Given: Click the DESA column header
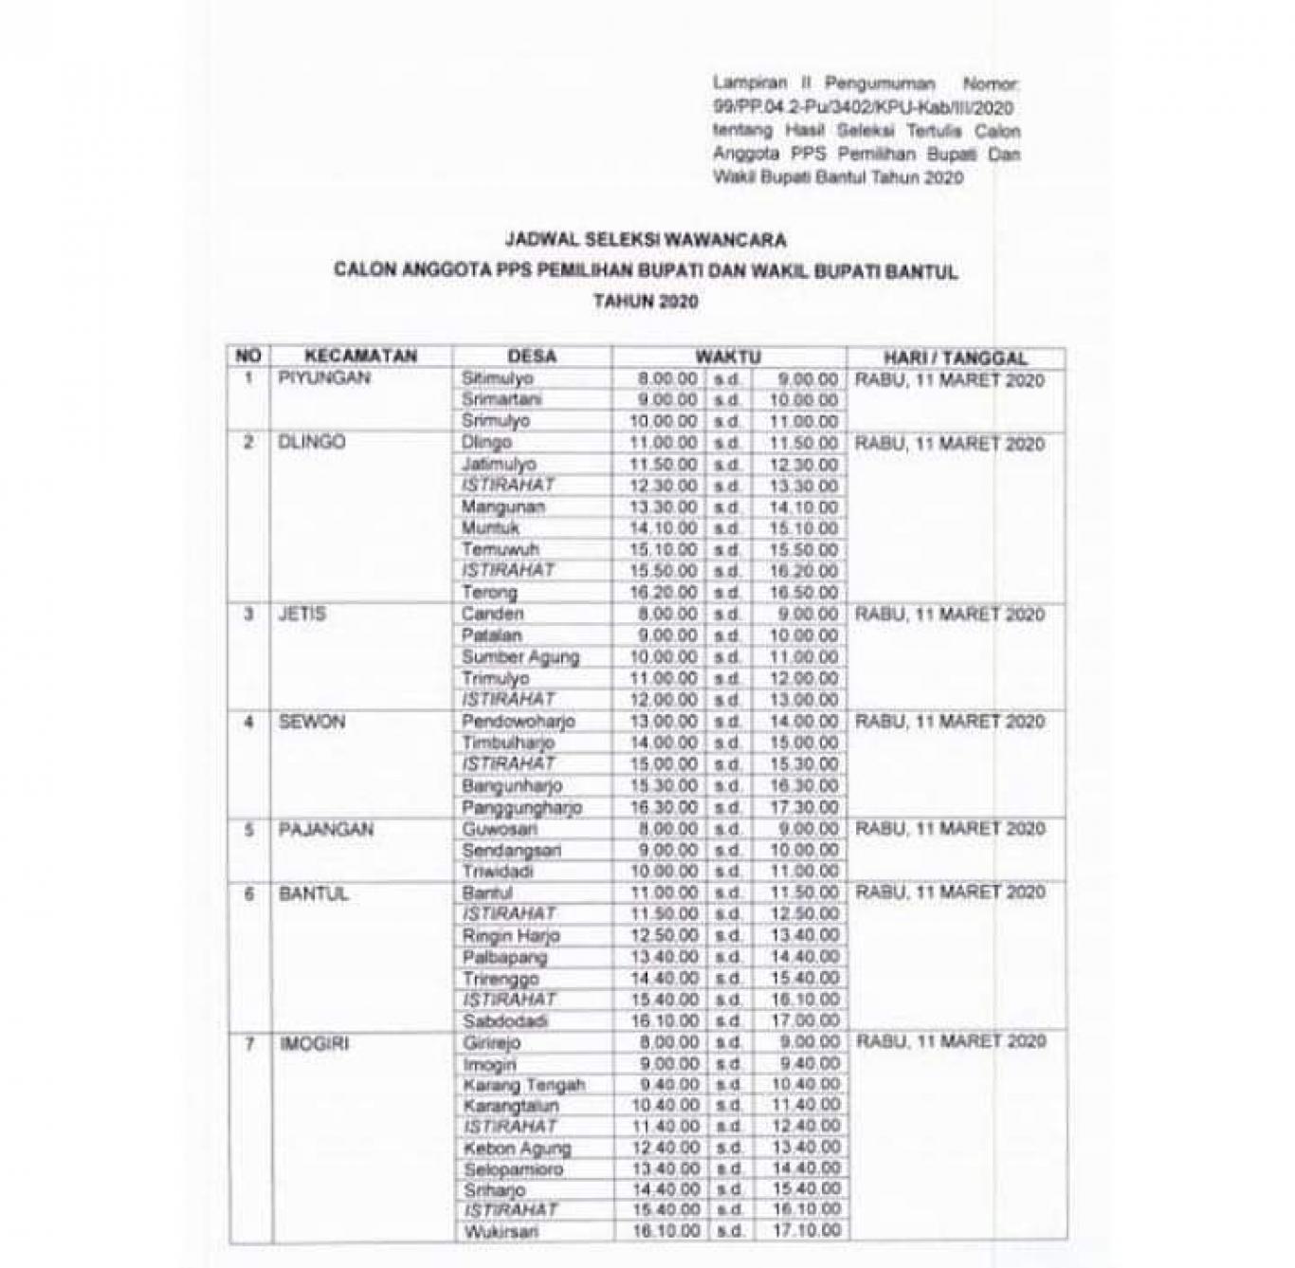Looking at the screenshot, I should pos(532,358).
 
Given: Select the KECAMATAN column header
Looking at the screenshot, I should pos(360,357).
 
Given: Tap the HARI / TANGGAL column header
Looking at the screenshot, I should pos(955,358).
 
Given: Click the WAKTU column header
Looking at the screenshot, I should pos(728,358).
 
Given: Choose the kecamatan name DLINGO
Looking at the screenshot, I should pos(312,443).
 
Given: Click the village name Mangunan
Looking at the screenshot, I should pos(503,507).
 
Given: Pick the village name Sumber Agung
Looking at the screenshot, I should pos(520,657).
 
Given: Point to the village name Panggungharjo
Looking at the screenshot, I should pos(521,808).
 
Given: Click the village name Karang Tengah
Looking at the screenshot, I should pos(523,1085).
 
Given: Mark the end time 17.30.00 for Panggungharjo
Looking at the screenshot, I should pos(803,808).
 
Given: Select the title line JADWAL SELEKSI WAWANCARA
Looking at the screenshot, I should pos(645,240).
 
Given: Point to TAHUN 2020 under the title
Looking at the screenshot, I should pos(645,303).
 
